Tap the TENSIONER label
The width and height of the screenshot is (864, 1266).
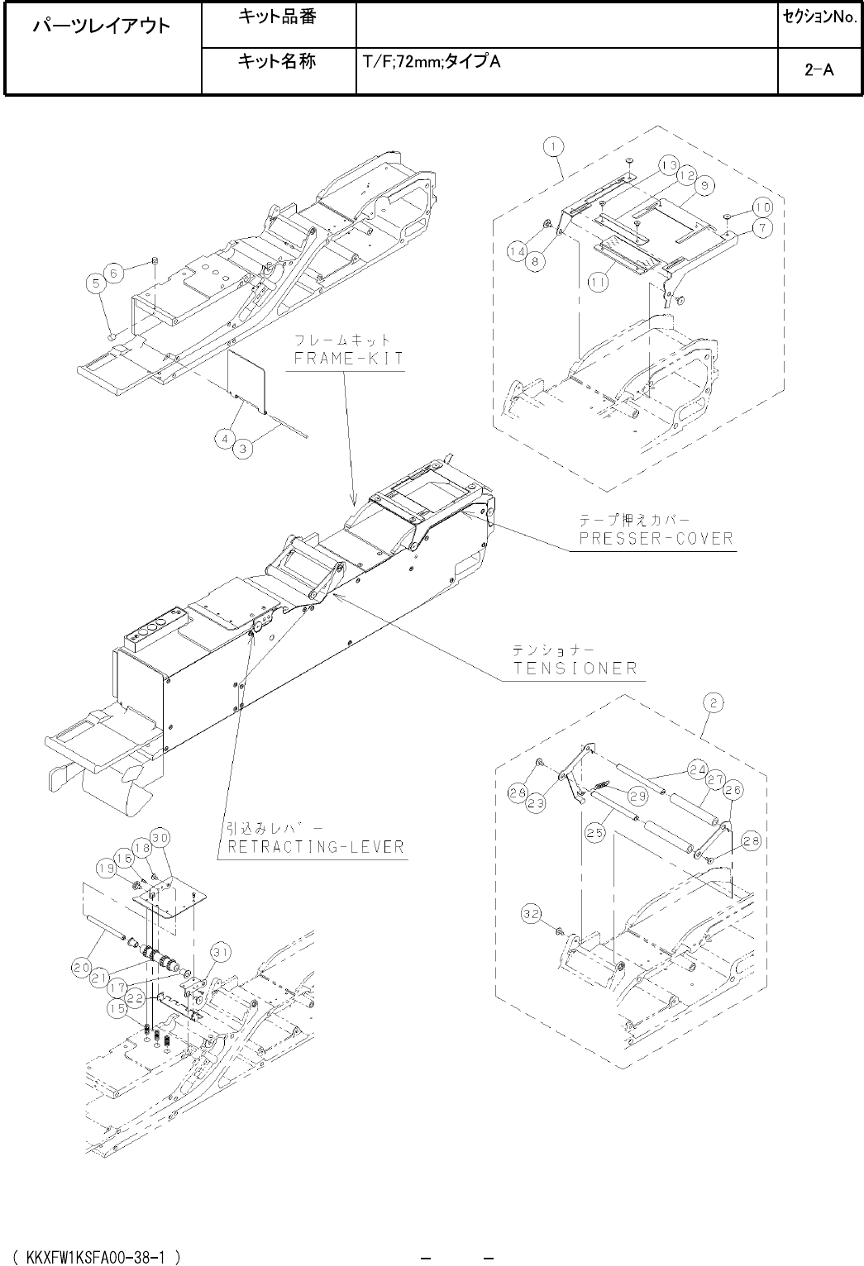[x=576, y=668]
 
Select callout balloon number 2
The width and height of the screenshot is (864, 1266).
[x=714, y=703]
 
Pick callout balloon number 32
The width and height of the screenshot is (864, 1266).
[x=532, y=914]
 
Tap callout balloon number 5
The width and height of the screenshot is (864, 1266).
[x=98, y=283]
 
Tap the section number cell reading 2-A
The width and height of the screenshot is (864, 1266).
[x=819, y=70]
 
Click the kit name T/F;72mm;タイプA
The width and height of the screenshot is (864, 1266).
[x=430, y=62]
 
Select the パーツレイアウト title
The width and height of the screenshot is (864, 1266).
[x=103, y=26]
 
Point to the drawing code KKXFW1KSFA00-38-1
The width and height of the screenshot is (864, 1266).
[x=98, y=1256]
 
